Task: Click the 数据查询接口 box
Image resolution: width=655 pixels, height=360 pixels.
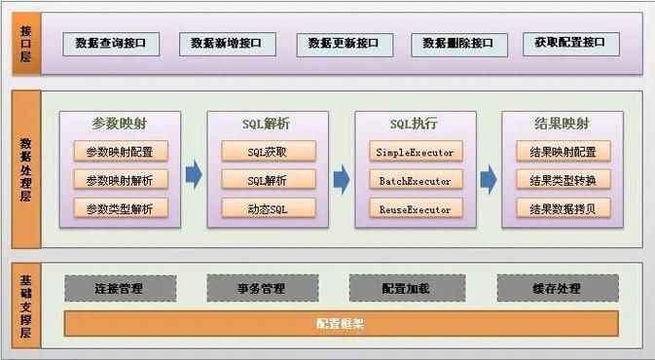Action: coord(111,44)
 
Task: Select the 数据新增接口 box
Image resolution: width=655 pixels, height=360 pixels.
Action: coord(228,44)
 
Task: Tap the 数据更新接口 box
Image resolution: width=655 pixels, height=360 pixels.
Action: coord(344,44)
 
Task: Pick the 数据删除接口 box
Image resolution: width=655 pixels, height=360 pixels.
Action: coord(460,44)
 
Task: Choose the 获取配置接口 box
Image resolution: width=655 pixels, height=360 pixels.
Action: coord(570,44)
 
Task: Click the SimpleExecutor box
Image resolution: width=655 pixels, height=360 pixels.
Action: coord(414,152)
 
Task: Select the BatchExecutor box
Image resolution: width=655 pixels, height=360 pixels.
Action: coord(414,180)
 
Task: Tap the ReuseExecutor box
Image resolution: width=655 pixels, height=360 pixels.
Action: coord(414,208)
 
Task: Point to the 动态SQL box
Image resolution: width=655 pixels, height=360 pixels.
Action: coord(267,208)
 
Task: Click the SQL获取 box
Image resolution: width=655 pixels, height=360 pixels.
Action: coord(267,152)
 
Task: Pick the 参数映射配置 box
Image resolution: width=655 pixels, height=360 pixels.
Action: coord(120,152)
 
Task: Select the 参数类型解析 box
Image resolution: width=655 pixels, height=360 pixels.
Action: coord(120,208)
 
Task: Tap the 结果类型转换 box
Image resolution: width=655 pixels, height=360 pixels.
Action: coord(562,180)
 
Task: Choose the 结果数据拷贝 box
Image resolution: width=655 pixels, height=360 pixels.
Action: coord(562,208)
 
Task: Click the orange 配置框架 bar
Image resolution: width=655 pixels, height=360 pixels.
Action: coord(341,323)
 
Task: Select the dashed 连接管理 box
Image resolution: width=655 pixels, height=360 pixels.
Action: coord(121,288)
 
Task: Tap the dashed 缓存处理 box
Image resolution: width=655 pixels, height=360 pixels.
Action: coord(557,288)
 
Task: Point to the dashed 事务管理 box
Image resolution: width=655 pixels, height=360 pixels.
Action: coord(261,288)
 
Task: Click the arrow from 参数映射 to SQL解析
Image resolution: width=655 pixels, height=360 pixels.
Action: coord(194,176)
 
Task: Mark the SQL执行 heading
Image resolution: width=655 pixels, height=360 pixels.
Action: coord(414,124)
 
